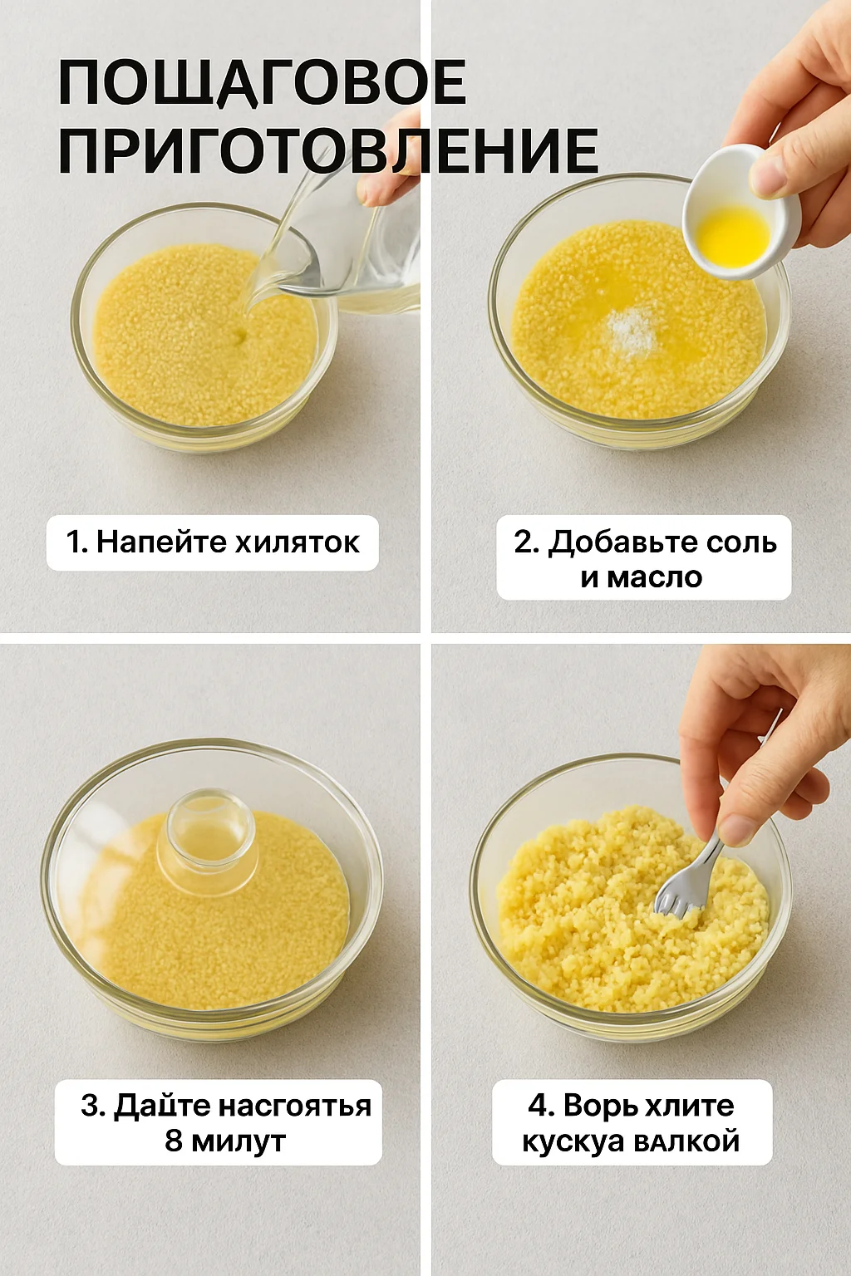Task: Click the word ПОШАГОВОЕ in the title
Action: (x=262, y=82)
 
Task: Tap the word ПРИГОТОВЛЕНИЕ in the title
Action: (x=328, y=150)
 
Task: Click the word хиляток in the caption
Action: (x=298, y=542)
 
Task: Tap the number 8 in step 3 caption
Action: (x=174, y=1141)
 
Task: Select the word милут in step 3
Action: (x=239, y=1141)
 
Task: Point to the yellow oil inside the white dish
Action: (x=734, y=236)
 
